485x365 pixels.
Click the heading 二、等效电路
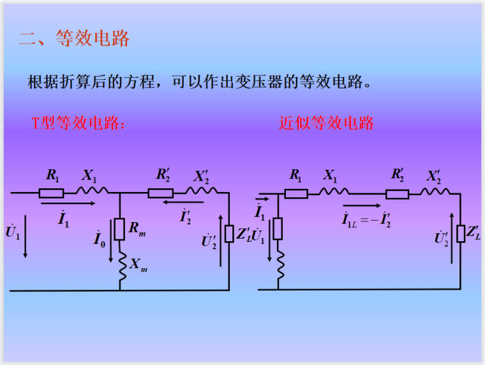point(74,38)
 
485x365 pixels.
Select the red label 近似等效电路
point(326,123)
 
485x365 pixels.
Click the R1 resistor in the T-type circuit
point(51,193)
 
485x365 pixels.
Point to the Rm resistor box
point(119,229)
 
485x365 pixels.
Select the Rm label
point(137,228)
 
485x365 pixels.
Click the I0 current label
point(99,239)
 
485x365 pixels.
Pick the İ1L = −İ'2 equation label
point(366,220)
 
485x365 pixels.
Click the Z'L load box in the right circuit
point(461,234)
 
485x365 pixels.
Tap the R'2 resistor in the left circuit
point(160,193)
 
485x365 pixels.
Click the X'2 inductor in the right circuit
point(434,193)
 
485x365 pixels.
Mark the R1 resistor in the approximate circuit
point(296,193)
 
